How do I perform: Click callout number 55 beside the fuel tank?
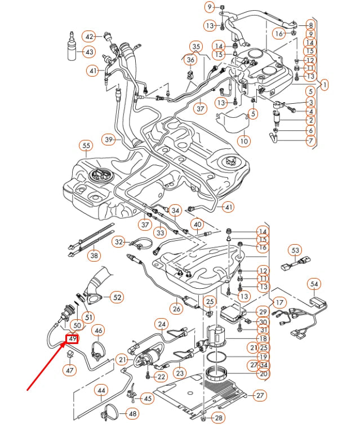pos(86,146)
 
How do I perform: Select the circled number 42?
pos(89,37)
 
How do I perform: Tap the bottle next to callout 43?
pos(71,49)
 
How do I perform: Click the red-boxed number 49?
pos(72,338)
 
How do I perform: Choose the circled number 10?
pos(243,140)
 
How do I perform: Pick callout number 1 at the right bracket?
pos(325,85)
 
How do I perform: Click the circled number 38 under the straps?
pos(94,255)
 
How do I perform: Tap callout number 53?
pos(295,250)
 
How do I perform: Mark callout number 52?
pos(116,297)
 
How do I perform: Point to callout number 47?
pos(69,371)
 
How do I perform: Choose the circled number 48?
pos(132,413)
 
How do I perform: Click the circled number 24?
pos(162,324)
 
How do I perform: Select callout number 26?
pos(177,308)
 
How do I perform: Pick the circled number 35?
pos(195,46)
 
